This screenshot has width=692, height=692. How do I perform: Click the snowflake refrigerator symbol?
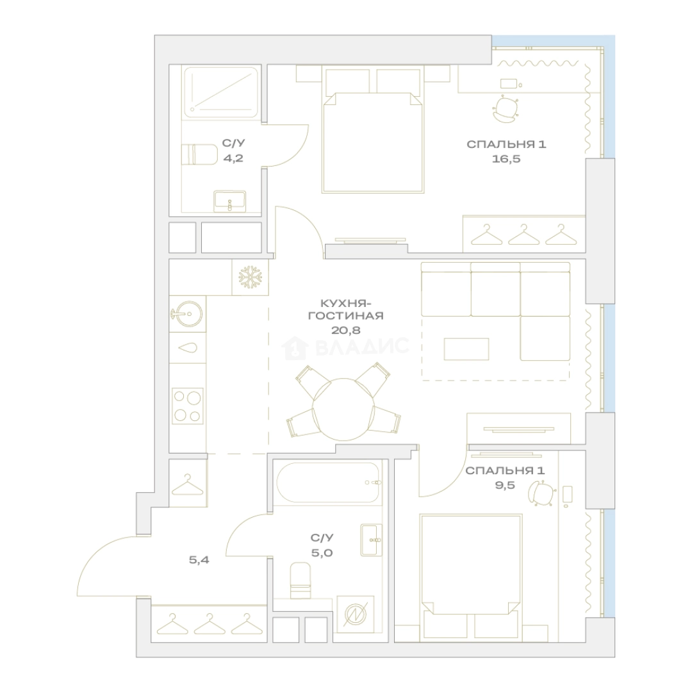tap(251, 277)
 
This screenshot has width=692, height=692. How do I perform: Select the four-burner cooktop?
tap(188, 406)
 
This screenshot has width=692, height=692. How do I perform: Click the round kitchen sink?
tap(186, 314)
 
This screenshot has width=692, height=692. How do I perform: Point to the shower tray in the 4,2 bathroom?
tap(220, 92)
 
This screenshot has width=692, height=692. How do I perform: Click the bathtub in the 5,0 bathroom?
tap(328, 483)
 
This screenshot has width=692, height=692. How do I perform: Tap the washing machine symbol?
tap(355, 614)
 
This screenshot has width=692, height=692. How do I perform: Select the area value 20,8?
tap(345, 329)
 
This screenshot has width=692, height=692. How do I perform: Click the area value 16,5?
tap(506, 158)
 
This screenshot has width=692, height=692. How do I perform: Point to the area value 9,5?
tap(505, 486)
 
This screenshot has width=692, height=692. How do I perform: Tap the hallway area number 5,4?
tap(199, 560)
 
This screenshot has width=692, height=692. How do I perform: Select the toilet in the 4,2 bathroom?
tap(200, 154)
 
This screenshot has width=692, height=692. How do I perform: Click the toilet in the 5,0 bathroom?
tap(301, 581)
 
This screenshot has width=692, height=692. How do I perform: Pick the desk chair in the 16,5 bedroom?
tap(506, 108)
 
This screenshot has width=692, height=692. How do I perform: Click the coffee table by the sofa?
tap(466, 349)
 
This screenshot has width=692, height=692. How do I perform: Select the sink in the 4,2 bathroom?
tap(229, 202)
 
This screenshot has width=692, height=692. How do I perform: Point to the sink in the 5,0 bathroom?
tap(371, 540)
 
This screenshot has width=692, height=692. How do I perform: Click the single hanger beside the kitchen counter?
tap(188, 484)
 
